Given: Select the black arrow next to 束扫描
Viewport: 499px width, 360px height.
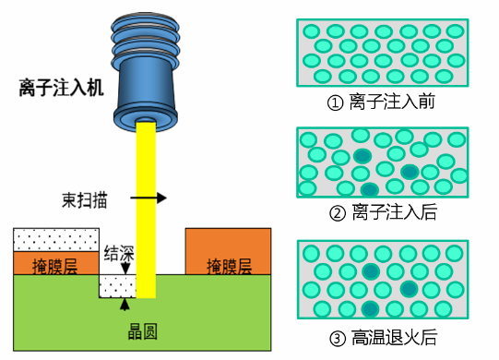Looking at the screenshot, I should (148, 198).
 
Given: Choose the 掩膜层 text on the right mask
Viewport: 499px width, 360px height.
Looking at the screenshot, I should (228, 267).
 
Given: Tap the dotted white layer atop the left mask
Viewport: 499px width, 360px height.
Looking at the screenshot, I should (54, 239).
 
